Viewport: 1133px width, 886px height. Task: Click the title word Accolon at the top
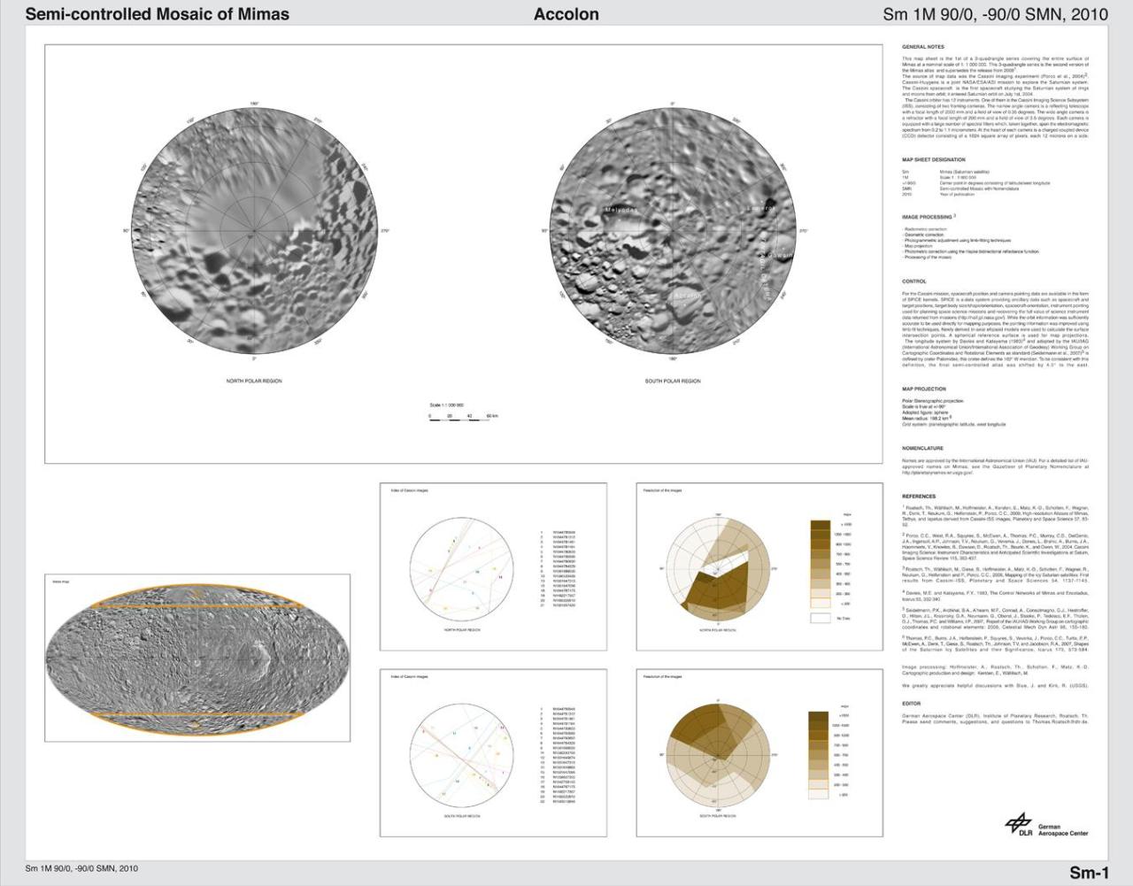point(566,14)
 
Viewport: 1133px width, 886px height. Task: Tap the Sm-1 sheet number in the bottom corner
point(1089,873)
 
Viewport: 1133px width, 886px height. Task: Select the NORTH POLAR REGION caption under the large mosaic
point(254,381)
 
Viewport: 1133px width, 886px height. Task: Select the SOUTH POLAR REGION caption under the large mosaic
point(673,381)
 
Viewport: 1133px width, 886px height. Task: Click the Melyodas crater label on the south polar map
point(620,210)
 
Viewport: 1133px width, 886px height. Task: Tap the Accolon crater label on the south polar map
point(687,295)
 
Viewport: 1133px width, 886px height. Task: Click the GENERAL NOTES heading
point(922,47)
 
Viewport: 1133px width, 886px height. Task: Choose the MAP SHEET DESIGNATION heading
point(934,160)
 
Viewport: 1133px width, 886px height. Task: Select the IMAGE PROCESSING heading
point(927,217)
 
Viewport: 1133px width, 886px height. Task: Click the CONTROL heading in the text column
point(913,281)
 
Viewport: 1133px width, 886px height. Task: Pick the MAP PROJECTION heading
point(924,389)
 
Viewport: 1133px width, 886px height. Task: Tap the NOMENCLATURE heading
point(922,449)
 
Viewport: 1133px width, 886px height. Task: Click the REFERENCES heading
point(919,497)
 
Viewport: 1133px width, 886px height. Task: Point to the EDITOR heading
point(911,704)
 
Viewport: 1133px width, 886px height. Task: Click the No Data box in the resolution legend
point(821,619)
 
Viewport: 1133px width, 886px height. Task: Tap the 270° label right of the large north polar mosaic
point(384,231)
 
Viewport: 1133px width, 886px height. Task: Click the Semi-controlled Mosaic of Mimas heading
point(157,14)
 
